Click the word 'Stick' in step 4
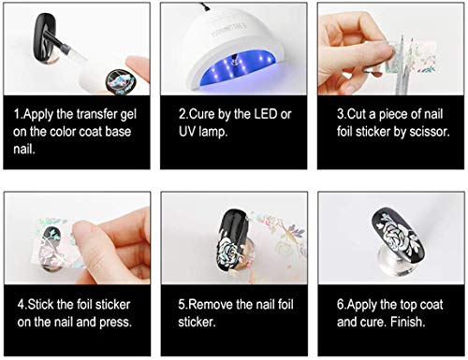(x=45, y=304)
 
